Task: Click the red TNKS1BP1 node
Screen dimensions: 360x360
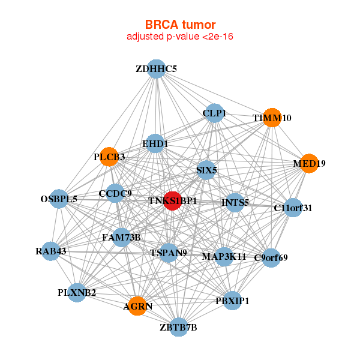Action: pos(172,200)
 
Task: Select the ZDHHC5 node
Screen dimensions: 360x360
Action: pos(157,69)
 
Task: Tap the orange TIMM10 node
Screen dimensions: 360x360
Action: pos(272,118)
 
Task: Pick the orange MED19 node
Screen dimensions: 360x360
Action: pos(309,163)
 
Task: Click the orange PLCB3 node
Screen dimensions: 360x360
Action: pos(109,157)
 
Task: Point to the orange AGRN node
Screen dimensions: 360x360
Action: pos(137,306)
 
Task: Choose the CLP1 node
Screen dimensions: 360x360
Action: pos(214,113)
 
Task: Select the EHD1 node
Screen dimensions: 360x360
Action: pos(155,143)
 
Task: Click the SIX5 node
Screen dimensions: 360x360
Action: pos(206,170)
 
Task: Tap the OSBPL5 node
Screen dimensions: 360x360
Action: pos(59,199)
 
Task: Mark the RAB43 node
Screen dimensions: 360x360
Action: pos(51,251)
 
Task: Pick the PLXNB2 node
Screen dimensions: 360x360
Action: pos(77,293)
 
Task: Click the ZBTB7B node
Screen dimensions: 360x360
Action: pos(178,327)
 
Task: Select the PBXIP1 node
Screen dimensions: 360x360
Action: pos(232,301)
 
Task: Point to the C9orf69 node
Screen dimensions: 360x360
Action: pos(271,258)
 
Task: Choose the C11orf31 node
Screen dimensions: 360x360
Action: pos(293,208)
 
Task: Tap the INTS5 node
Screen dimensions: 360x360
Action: pos(235,203)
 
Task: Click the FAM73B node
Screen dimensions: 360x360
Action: pos(121,238)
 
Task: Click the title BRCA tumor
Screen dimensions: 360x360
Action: pos(180,25)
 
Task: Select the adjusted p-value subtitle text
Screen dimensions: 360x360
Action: pos(180,37)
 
